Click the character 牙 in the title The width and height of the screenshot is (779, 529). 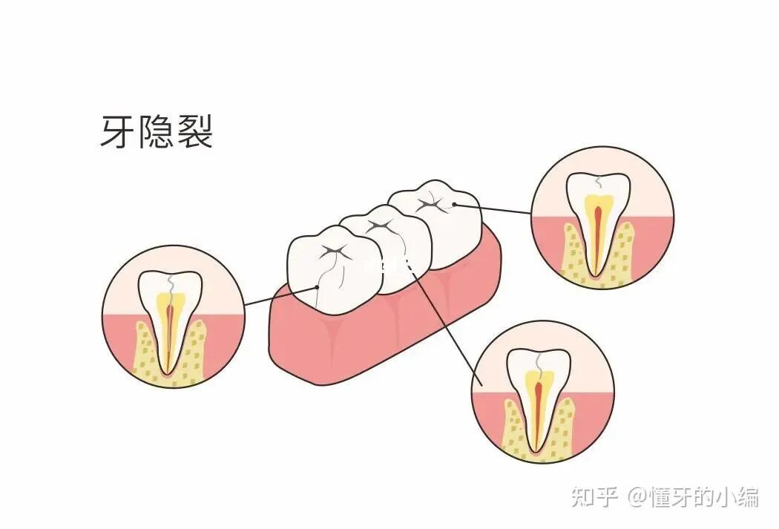click(x=118, y=132)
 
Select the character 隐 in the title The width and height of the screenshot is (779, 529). click(x=157, y=132)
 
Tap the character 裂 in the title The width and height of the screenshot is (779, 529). click(x=195, y=132)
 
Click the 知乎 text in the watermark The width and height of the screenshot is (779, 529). click(x=594, y=496)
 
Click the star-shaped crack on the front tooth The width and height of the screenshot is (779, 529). click(x=331, y=253)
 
